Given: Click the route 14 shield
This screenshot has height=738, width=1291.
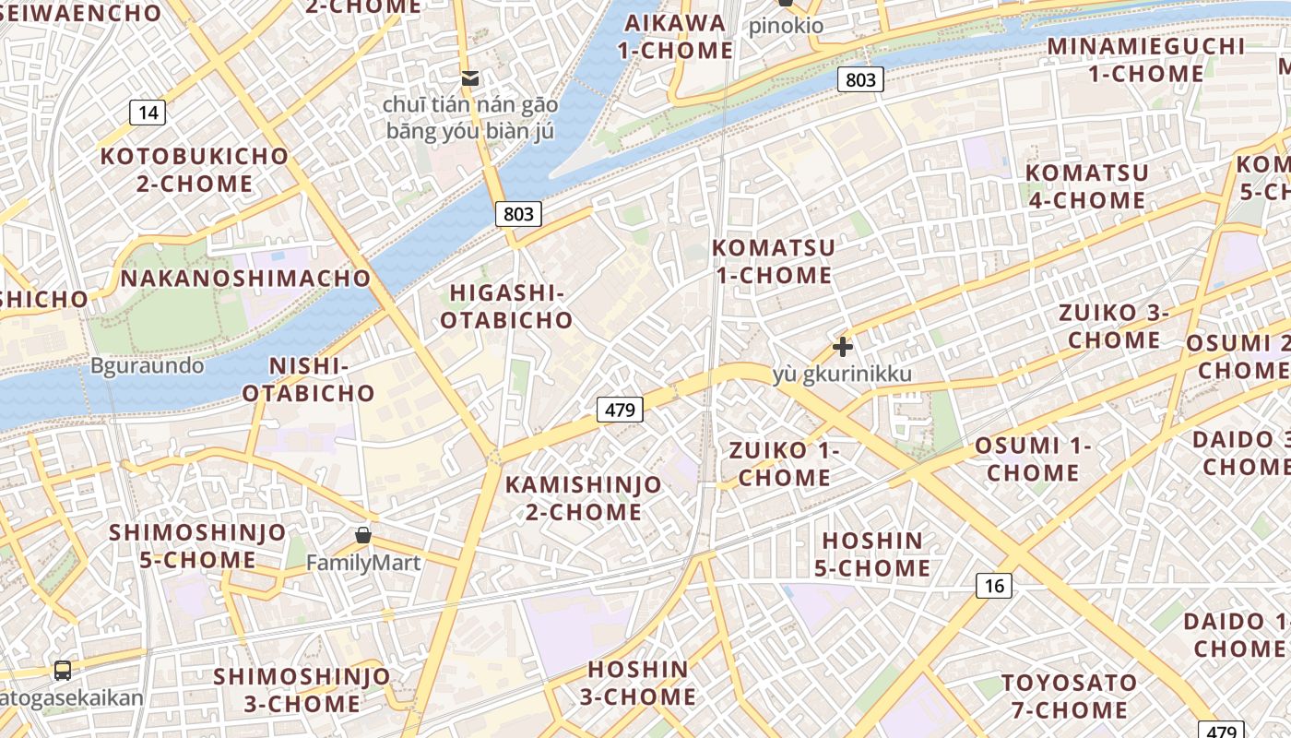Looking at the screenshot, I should [x=148, y=113].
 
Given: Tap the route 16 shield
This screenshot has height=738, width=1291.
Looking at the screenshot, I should [x=993, y=585].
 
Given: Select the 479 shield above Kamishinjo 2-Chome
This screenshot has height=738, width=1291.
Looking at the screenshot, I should [x=619, y=410].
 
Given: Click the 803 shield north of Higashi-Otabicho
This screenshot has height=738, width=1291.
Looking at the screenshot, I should [x=518, y=214].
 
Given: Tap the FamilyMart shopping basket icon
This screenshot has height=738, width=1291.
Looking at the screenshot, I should [x=363, y=536].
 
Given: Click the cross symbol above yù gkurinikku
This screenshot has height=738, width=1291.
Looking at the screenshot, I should [x=842, y=347].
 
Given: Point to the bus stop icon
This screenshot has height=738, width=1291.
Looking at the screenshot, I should [x=63, y=671].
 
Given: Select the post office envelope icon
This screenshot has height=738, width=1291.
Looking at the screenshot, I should [x=470, y=78].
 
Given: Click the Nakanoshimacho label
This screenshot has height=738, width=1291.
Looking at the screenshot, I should [x=245, y=278].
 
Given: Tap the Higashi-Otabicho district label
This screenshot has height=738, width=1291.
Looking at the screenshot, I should [x=506, y=306].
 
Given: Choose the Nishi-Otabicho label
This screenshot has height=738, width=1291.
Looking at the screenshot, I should [x=309, y=379].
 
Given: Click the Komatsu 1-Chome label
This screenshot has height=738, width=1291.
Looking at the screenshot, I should [x=773, y=261].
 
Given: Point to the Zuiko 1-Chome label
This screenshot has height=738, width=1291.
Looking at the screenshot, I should [x=785, y=464].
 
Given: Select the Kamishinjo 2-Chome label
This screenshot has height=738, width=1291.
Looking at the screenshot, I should [x=583, y=498].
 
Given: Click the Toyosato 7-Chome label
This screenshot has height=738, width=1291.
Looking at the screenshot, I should [x=1069, y=696].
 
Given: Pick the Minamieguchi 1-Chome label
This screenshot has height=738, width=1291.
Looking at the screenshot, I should [x=1144, y=60].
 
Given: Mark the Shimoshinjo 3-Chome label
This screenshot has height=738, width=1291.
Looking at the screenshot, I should [x=302, y=690].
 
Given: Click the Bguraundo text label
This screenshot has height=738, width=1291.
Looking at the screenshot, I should [x=147, y=365].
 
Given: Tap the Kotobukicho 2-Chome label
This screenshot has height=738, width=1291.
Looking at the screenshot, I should [x=195, y=170].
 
